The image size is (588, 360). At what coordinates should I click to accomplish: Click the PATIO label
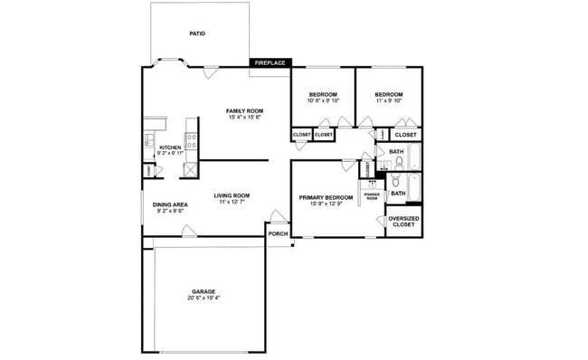click(x=197, y=33)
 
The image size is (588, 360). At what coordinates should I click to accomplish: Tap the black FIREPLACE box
click(x=270, y=63)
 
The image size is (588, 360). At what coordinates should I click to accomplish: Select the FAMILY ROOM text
click(x=244, y=110)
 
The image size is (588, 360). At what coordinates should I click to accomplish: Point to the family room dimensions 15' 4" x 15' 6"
click(x=244, y=117)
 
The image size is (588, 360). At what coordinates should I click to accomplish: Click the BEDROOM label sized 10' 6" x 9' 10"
click(x=323, y=95)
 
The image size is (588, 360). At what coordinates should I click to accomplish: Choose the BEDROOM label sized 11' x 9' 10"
click(x=388, y=95)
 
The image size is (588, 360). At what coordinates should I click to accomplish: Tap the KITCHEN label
click(x=170, y=147)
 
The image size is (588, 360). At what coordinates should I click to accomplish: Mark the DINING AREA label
click(x=170, y=205)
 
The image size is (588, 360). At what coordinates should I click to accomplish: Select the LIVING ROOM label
click(x=232, y=195)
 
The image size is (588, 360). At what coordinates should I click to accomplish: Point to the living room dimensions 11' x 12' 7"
click(x=232, y=203)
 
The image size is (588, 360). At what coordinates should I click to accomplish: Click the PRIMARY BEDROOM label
click(x=326, y=197)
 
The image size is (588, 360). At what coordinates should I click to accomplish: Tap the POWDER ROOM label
click(x=372, y=196)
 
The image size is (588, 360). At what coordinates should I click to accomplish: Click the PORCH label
click(x=278, y=233)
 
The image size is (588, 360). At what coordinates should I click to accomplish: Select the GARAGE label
click(x=204, y=291)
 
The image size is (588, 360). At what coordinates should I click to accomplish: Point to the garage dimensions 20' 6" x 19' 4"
click(x=204, y=298)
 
